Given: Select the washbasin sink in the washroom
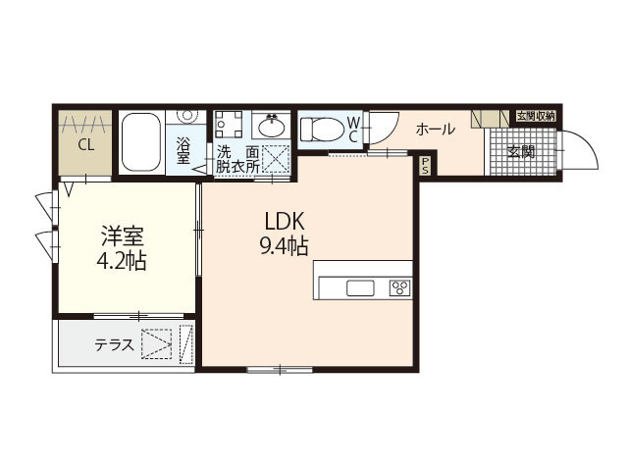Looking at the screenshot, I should pos(270,127).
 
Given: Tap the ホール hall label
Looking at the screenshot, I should pos(435,129).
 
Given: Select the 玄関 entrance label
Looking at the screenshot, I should pos(522,152).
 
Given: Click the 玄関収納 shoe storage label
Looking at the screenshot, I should pos(536,115).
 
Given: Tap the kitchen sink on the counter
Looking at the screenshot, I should pos(360,288).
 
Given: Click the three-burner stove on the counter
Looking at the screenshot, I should pos(399,288).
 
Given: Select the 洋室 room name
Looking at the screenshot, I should pos(125,236).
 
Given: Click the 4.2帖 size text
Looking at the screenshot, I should pos(125,261).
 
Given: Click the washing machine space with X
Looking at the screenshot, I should pos(276,158).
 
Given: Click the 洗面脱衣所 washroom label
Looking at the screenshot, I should pos(238,159).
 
